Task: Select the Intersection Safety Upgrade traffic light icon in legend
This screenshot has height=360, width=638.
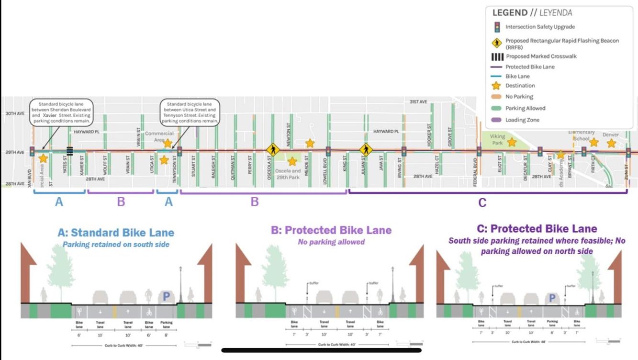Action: pyautogui.click(x=497, y=27)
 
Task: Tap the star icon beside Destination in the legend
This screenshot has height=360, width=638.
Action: pyautogui.click(x=496, y=86)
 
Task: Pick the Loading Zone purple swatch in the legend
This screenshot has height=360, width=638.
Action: pyautogui.click(x=497, y=120)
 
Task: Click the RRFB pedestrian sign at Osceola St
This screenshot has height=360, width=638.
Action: pyautogui.click(x=273, y=150)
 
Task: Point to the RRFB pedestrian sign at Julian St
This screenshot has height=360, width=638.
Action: pyautogui.click(x=366, y=150)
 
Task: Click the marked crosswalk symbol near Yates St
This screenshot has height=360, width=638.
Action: pyautogui.click(x=70, y=151)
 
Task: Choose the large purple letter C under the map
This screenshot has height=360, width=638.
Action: pyautogui.click(x=482, y=202)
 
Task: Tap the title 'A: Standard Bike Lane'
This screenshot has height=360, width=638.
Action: pyautogui.click(x=116, y=233)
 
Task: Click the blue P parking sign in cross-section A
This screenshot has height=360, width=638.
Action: pyautogui.click(x=166, y=297)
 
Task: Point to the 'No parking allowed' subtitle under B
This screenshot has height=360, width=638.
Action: pyautogui.click(x=331, y=242)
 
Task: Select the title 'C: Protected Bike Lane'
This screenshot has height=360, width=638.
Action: pyautogui.click(x=537, y=229)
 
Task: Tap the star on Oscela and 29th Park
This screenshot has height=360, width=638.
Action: pyautogui.click(x=292, y=162)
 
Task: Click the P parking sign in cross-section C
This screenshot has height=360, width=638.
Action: pyautogui.click(x=552, y=298)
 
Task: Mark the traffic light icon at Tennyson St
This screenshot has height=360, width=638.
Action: pyautogui.click(x=179, y=152)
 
